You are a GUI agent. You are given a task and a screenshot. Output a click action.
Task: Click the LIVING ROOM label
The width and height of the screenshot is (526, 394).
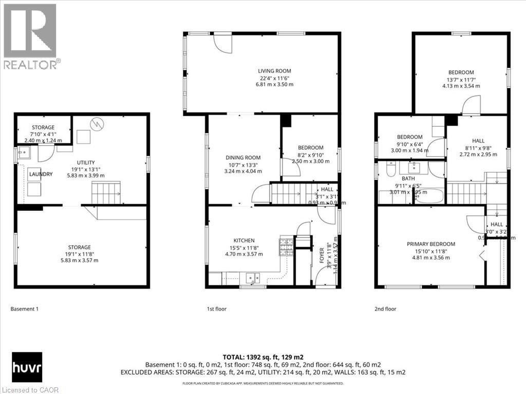pyautogui.click(x=275, y=71)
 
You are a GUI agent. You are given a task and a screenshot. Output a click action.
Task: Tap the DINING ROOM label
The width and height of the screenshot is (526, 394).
pyautogui.click(x=243, y=157)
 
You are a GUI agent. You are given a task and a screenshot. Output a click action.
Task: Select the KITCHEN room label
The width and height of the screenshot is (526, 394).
pyautogui.click(x=244, y=240)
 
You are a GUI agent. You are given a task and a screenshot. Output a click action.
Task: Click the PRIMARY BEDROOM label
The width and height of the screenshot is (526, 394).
pyautogui.click(x=431, y=244)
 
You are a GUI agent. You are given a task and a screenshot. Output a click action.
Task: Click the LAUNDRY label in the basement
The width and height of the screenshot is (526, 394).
pyautogui.click(x=41, y=174)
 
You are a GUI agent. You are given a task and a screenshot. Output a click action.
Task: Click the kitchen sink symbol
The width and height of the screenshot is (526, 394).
pyautogui.click(x=252, y=279)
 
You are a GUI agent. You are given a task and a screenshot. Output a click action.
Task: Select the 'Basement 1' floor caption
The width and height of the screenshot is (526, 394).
pyautogui.click(x=25, y=309)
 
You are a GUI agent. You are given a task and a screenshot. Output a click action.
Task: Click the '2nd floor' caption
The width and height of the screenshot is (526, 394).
pyautogui.click(x=385, y=309)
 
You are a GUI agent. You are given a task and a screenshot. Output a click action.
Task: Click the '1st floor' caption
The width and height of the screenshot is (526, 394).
pyautogui.click(x=216, y=309)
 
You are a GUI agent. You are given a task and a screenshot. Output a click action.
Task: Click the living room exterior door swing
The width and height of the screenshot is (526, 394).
pyautogui.click(x=222, y=43)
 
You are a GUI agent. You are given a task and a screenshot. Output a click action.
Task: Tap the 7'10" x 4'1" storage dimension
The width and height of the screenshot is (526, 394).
pyautogui.click(x=43, y=134)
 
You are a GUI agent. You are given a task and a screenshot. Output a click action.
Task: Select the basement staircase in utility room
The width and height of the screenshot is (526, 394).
pyautogui.click(x=105, y=193)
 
